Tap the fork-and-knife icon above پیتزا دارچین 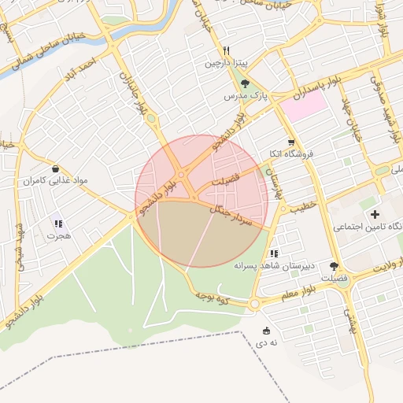[x=227, y=49]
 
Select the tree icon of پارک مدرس [x=246, y=83]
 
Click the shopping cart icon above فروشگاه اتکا [x=291, y=142]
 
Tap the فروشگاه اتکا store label [x=291, y=154]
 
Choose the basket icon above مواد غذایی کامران [x=54, y=169]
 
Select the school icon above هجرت [x=58, y=224]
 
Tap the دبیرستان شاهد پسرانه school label [x=274, y=267]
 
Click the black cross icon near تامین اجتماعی [x=375, y=214]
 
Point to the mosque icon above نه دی [x=266, y=331]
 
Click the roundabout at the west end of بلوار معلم [x=254, y=304]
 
